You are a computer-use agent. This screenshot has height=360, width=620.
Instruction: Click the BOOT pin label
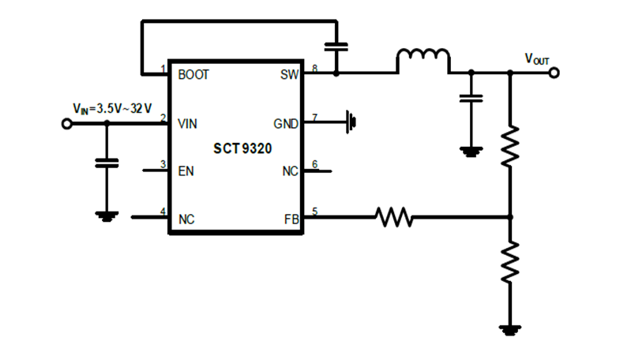(x=193, y=75)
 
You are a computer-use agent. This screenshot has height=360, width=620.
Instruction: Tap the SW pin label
(x=288, y=75)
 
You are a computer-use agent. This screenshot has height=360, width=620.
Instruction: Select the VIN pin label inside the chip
(x=188, y=124)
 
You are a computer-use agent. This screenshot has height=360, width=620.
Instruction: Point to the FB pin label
(x=291, y=219)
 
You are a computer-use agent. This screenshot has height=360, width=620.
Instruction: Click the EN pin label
(x=186, y=171)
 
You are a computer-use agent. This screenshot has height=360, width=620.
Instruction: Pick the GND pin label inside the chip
(x=285, y=124)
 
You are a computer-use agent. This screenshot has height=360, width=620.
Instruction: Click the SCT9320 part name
(x=237, y=148)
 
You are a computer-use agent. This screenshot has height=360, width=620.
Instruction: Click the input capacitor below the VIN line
(x=106, y=163)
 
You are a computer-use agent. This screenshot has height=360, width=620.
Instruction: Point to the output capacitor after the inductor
(x=472, y=99)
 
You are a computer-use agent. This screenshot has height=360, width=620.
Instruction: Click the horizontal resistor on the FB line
(x=393, y=216)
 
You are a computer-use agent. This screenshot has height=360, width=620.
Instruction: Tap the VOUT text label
(x=537, y=58)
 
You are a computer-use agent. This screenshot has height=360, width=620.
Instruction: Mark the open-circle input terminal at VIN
(x=67, y=124)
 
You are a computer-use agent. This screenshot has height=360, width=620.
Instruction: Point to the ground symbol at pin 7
(x=351, y=122)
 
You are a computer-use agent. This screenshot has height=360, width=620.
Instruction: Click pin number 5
(x=314, y=212)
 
